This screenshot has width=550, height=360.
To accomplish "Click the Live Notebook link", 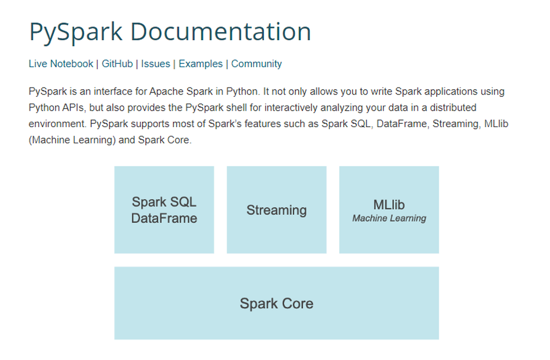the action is (x=61, y=63).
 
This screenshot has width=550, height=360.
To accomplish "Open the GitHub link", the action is (x=117, y=63).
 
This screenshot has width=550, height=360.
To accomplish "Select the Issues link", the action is (x=156, y=63).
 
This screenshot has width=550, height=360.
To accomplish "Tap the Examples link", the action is (x=201, y=63).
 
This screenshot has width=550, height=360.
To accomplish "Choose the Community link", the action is (x=256, y=63).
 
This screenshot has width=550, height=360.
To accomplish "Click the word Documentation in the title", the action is (x=221, y=31).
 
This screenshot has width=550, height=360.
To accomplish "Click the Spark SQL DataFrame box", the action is (x=164, y=210).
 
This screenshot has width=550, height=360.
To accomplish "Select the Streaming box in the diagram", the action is (x=277, y=210).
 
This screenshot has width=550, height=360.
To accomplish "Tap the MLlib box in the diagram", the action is (x=389, y=210).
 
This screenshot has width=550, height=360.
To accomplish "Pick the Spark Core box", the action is (x=277, y=303).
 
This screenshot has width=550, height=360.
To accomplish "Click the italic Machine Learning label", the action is (x=389, y=219).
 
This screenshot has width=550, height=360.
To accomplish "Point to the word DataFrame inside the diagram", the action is (x=164, y=218).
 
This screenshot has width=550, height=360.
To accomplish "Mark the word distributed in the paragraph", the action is (x=453, y=107).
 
